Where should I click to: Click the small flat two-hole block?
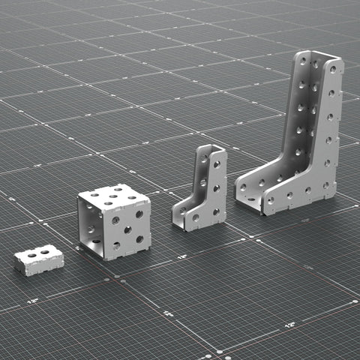click(38, 260)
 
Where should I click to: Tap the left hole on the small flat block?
click(32, 255)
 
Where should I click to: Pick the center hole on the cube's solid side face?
click(127, 229)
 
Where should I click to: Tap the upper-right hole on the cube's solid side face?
click(139, 214)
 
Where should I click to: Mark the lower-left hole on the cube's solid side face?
click(116, 244)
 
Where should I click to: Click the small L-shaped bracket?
click(200, 191)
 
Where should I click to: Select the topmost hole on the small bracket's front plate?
click(217, 163)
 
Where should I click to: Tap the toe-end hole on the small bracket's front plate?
click(196, 217)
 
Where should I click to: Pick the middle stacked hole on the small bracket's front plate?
click(217, 187)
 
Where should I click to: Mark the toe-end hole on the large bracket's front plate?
click(271, 200)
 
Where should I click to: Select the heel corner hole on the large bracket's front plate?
click(326, 184)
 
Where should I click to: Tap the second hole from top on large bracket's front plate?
click(331, 94)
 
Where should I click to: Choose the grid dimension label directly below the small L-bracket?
click(182, 256)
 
